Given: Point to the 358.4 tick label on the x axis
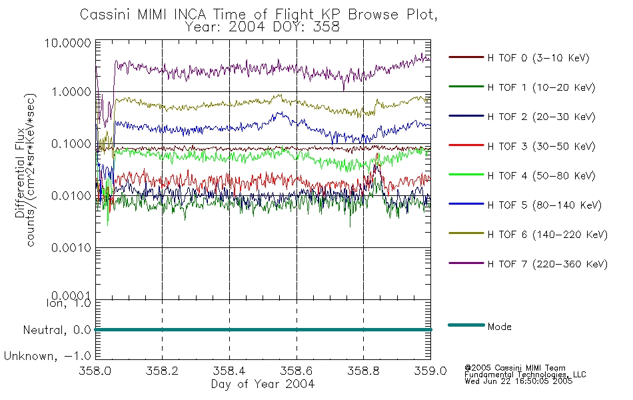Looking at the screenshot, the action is (x=229, y=371).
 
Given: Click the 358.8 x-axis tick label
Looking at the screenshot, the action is (x=363, y=371).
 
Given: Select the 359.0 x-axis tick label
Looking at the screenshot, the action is (x=430, y=371).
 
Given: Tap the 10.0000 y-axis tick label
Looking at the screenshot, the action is (x=68, y=43).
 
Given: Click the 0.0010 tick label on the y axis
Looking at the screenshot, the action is (x=71, y=248).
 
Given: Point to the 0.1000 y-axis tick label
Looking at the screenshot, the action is (x=71, y=144).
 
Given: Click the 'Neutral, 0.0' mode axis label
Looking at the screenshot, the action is (x=57, y=330).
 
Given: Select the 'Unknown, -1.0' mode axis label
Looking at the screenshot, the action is (x=47, y=356).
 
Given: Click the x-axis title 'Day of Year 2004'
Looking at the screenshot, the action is (x=263, y=384).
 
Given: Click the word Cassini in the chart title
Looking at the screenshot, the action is (x=105, y=15).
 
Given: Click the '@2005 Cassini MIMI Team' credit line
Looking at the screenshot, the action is (x=515, y=368).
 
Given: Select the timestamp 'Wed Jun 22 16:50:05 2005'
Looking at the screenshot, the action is (x=518, y=381).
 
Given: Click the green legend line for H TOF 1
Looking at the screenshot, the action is (x=466, y=87).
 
